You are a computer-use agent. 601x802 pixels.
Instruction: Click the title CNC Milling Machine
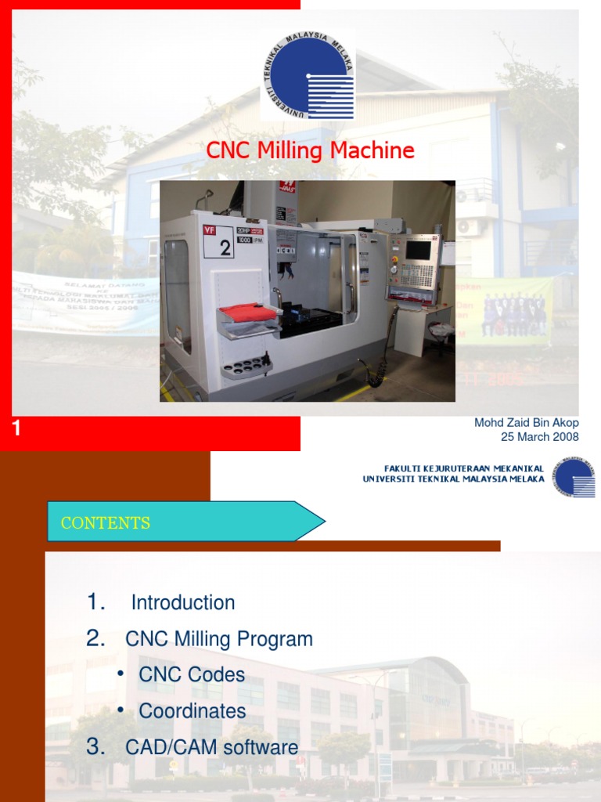click(x=310, y=150)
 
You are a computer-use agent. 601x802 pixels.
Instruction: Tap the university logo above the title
click(x=308, y=75)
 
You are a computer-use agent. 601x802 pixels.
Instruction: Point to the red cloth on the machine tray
click(x=248, y=312)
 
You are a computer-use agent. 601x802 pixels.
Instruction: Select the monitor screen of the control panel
click(x=418, y=250)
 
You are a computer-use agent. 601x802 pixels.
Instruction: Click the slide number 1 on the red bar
click(x=16, y=428)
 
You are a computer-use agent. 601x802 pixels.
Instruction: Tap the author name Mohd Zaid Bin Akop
click(x=526, y=423)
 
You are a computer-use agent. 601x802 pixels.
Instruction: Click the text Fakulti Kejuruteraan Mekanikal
click(x=463, y=468)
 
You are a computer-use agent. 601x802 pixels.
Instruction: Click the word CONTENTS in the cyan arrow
click(x=106, y=523)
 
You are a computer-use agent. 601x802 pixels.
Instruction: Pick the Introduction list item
click(x=183, y=602)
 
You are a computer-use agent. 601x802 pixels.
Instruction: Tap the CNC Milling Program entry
click(x=219, y=639)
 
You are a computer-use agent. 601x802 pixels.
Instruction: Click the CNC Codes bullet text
click(x=192, y=674)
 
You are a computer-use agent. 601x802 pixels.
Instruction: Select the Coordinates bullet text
click(x=193, y=711)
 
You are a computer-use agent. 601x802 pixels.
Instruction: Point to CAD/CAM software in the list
click(x=212, y=747)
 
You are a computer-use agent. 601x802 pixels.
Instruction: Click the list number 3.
click(x=95, y=746)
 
